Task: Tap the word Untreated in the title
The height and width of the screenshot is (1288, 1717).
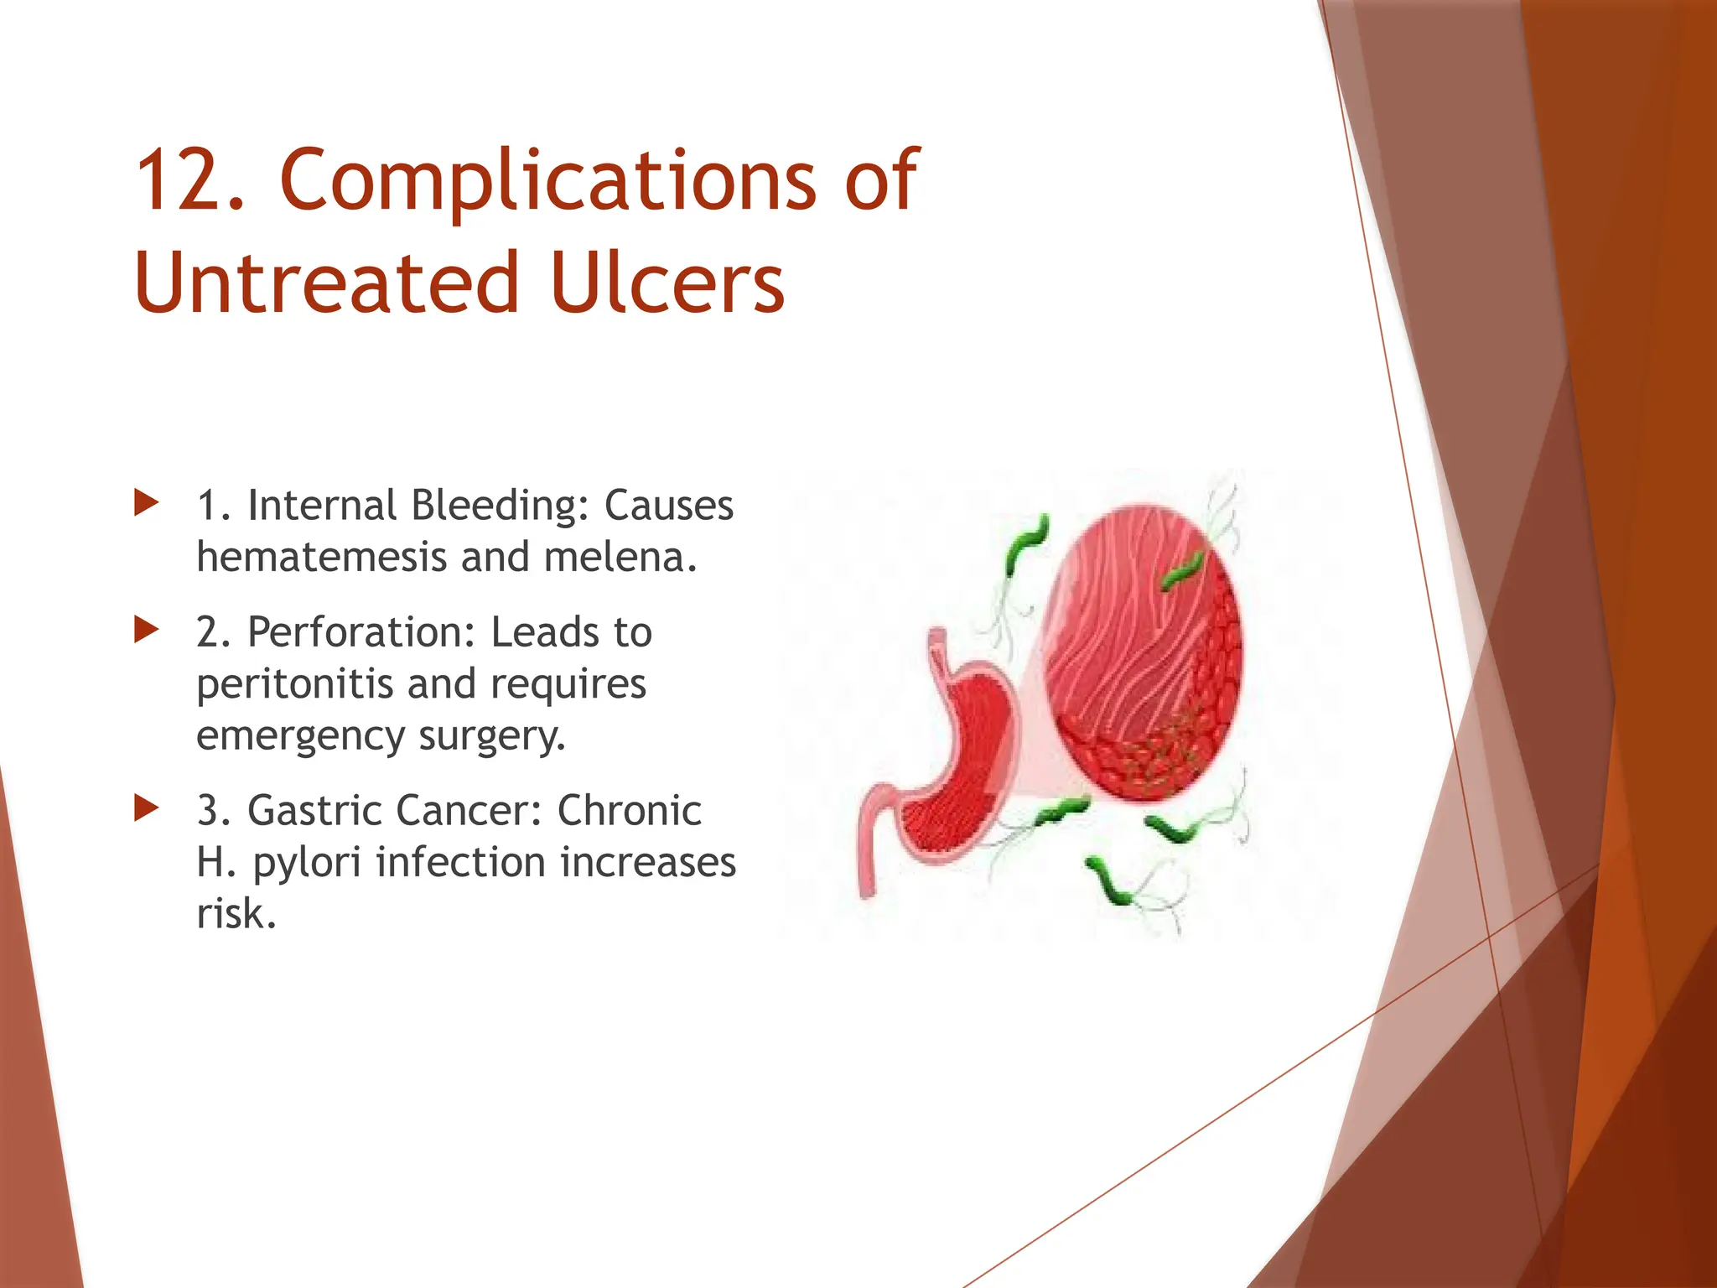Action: (x=327, y=283)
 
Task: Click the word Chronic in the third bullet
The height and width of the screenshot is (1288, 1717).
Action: (x=629, y=811)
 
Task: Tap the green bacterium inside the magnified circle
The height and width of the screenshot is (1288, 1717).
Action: (x=1182, y=570)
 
